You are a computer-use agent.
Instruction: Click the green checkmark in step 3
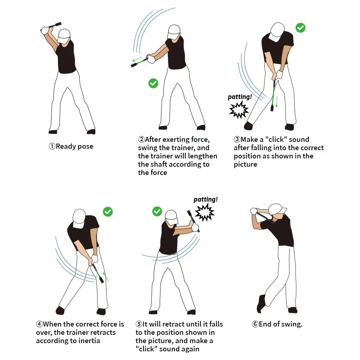(x=300, y=28)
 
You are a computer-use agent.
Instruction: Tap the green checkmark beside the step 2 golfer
(x=153, y=84)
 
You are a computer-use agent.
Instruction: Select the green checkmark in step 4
(x=108, y=212)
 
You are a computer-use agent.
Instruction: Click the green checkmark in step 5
(x=157, y=211)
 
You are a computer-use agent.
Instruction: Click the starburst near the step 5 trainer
(x=204, y=212)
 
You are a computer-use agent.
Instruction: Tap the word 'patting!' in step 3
(x=240, y=97)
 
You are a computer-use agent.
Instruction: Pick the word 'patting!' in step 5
(x=206, y=199)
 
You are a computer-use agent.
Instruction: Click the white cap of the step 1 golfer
(x=64, y=34)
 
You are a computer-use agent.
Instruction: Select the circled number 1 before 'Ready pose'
(x=52, y=147)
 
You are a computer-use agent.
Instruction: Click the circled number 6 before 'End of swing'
(x=255, y=324)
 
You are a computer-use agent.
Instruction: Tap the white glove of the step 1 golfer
(x=45, y=30)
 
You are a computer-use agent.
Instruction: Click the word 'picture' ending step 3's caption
(x=246, y=165)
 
